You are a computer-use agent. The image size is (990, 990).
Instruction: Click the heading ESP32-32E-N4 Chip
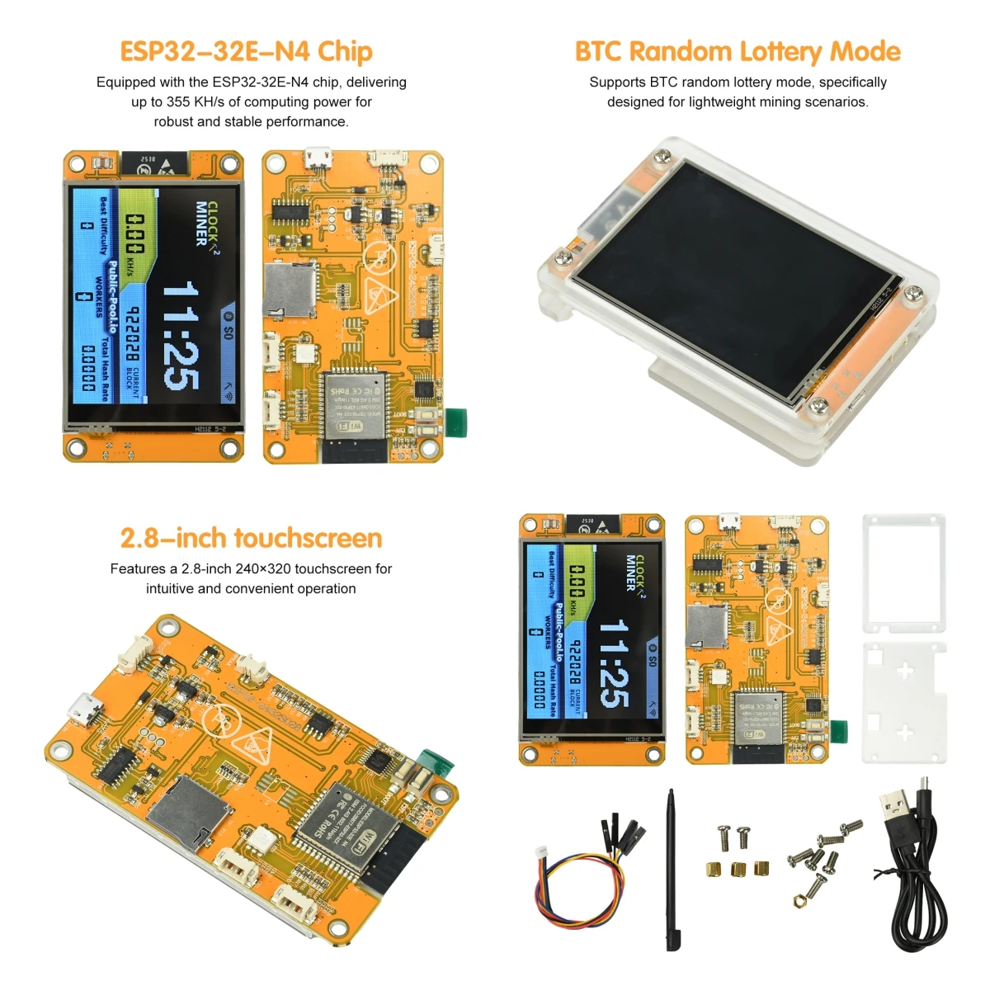click(246, 51)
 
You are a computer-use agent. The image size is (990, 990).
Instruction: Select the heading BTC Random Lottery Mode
click(737, 51)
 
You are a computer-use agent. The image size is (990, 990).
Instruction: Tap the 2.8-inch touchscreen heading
click(251, 538)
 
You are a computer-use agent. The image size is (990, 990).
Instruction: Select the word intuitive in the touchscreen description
click(169, 589)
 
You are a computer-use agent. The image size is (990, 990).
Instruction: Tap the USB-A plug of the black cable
click(896, 813)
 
